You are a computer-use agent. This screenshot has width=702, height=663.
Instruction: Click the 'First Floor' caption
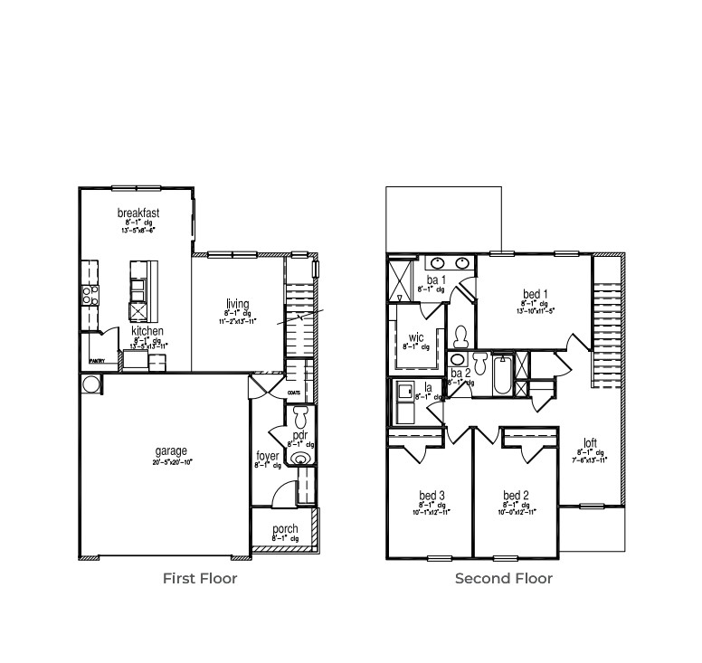click(200, 578)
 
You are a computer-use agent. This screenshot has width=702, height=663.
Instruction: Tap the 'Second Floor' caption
click(503, 578)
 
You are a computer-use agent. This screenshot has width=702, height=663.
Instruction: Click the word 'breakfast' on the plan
click(138, 213)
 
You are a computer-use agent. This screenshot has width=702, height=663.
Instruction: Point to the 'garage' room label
click(170, 450)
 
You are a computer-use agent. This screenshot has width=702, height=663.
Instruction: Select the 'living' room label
click(238, 304)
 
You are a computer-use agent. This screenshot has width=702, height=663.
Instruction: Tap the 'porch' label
click(285, 529)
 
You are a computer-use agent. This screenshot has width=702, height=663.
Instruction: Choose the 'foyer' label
click(268, 457)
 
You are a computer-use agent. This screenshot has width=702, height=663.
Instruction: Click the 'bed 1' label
click(534, 294)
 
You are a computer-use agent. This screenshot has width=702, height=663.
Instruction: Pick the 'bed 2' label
click(515, 496)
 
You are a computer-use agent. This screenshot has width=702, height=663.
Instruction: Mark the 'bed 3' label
click(431, 496)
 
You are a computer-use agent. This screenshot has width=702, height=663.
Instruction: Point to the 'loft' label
click(589, 443)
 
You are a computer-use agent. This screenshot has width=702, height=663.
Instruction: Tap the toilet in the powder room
click(300, 417)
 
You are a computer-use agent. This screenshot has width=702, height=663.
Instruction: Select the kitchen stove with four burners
click(90, 295)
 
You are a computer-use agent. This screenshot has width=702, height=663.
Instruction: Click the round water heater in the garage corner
click(91, 384)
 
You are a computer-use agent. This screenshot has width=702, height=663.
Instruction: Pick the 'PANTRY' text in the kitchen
click(97, 362)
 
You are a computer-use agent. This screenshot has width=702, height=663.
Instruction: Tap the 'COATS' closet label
click(293, 393)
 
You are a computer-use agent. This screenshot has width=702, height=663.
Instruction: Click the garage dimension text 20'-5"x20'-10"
click(172, 462)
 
